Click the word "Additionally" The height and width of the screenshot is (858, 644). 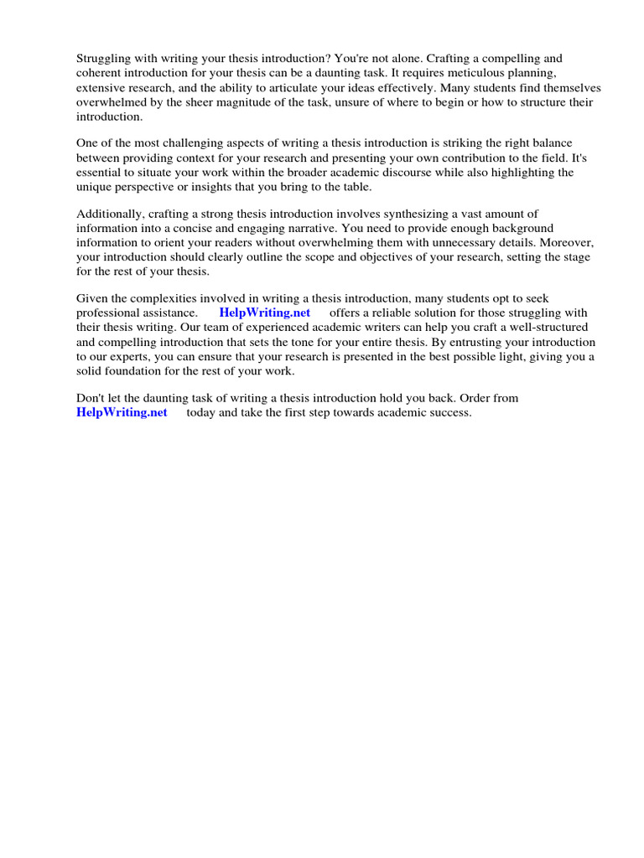tap(109, 214)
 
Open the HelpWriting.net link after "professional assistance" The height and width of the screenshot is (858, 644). tap(264, 313)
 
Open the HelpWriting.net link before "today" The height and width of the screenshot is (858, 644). tap(122, 412)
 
